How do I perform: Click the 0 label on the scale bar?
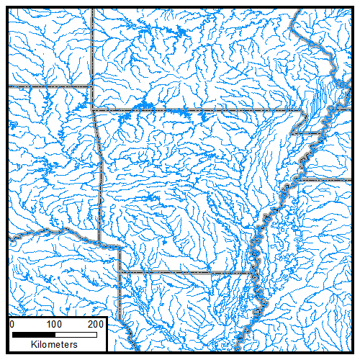pyautogui.click(x=12, y=325)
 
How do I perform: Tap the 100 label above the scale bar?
pyautogui.click(x=53, y=325)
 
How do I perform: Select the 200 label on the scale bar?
pyautogui.click(x=96, y=325)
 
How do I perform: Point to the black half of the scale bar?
pyautogui.click(x=33, y=335)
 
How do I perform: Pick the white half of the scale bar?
pyautogui.click(x=75, y=335)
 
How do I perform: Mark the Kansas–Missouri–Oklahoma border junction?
pyautogui.click(x=94, y=86)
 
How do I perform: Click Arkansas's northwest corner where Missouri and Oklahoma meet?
pyautogui.click(x=94, y=110)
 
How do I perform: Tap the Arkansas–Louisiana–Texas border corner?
pyautogui.click(x=120, y=272)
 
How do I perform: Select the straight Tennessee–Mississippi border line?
pyautogui.click(x=328, y=179)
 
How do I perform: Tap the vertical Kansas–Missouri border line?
pyautogui.click(x=94, y=43)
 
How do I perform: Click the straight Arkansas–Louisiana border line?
pyautogui.click(x=187, y=272)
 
